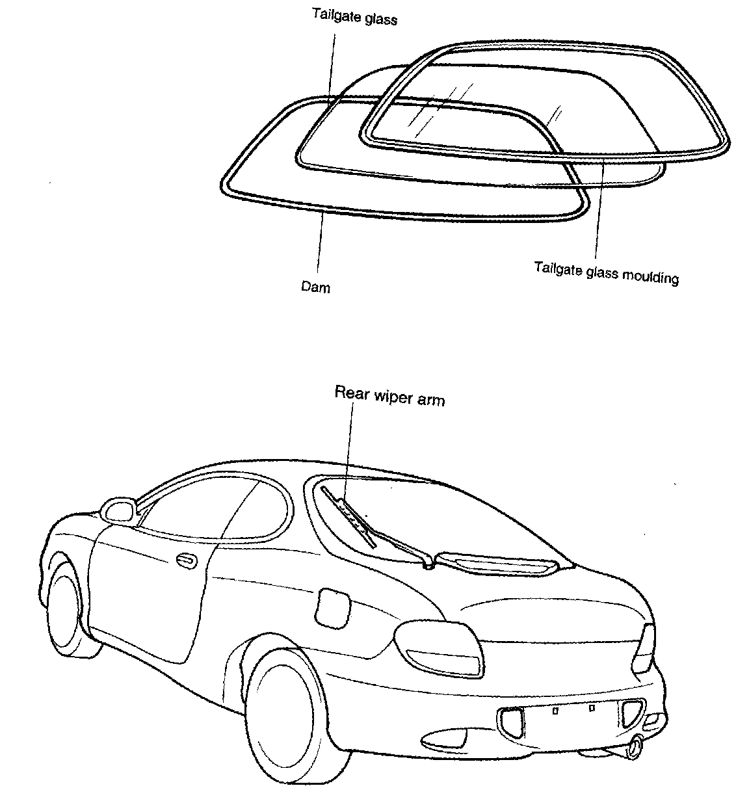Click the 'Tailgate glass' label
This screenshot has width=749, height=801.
(354, 17)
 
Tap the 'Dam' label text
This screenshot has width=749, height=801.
(315, 286)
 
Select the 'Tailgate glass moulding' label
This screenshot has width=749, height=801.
(606, 273)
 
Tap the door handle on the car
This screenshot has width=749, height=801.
(187, 559)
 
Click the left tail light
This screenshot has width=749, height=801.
(439, 648)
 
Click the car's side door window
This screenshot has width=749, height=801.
(215, 507)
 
